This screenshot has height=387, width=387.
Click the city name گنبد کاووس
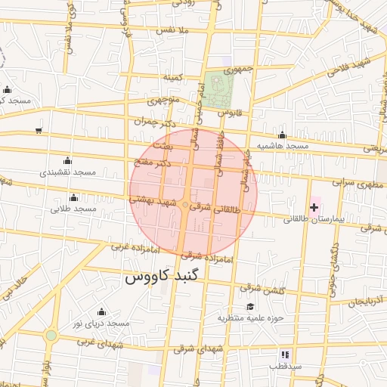coord(164,277)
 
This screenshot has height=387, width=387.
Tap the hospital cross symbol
coord(314,206)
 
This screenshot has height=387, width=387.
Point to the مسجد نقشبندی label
coord(67,172)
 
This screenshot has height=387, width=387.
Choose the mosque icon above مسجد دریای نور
coord(102,311)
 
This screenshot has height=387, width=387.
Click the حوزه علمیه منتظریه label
coord(250,317)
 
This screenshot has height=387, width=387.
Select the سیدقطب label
coord(284,366)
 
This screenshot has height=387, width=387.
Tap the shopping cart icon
coord(39,130)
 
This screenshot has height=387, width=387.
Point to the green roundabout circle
coord(51,335)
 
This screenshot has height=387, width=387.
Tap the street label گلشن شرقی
coord(262,289)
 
